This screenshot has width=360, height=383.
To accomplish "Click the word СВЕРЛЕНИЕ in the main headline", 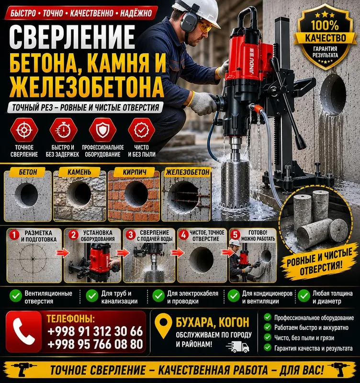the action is click(72, 37).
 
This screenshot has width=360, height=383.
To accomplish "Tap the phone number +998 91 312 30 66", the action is click(95, 331).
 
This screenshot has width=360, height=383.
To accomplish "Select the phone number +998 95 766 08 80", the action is click(95, 344).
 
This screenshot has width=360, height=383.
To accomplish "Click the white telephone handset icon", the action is click(23, 331).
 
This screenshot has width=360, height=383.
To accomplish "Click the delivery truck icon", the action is click(237, 347).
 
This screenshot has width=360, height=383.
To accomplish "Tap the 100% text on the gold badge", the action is click(325, 25).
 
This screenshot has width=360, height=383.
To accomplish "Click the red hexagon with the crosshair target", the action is click(24, 130).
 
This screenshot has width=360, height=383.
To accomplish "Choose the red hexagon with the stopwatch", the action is click(63, 130).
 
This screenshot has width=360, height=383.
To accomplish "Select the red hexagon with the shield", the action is click(102, 130).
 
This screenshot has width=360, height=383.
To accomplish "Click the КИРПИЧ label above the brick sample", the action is click(135, 172).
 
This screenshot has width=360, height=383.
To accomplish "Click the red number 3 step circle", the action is click(131, 235).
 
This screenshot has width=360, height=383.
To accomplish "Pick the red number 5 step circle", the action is click(235, 235).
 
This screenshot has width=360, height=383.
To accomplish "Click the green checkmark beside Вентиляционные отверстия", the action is click(16, 296).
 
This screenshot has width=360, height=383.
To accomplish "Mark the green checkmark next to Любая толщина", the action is click(304, 296).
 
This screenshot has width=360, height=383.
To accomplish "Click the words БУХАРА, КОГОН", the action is click(213, 322).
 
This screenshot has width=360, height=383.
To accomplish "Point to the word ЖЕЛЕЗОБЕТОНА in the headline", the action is click(87, 87).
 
